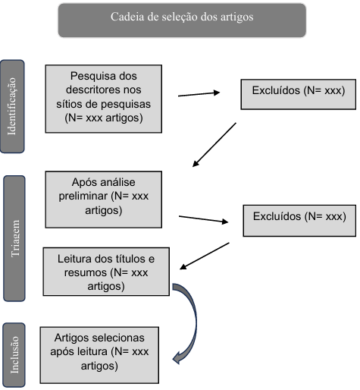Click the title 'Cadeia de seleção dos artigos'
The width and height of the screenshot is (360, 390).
tap(182, 17)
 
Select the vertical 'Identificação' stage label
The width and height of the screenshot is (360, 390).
tap(12, 106)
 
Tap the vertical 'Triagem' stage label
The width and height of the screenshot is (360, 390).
tap(14, 238)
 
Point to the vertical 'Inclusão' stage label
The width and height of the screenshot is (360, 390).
tap(14, 355)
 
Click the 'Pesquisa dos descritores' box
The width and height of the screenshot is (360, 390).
tap(104, 99)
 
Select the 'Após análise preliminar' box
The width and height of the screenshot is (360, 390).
tap(104, 200)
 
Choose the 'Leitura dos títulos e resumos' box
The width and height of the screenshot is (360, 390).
tap(106, 272)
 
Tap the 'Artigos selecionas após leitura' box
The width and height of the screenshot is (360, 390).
tap(99, 355)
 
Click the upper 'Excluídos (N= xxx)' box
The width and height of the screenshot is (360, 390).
tap(299, 94)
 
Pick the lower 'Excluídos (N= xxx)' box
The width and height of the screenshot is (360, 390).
tap(299, 221)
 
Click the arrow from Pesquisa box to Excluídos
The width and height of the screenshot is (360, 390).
tap(199, 94)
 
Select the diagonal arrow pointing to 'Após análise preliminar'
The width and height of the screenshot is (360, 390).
tap(214, 145)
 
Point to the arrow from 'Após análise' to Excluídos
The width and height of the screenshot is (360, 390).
tap(203, 219)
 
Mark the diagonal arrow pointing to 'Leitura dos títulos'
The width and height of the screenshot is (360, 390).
tap(205, 256)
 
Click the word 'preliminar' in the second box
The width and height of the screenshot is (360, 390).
tap(83, 197)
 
